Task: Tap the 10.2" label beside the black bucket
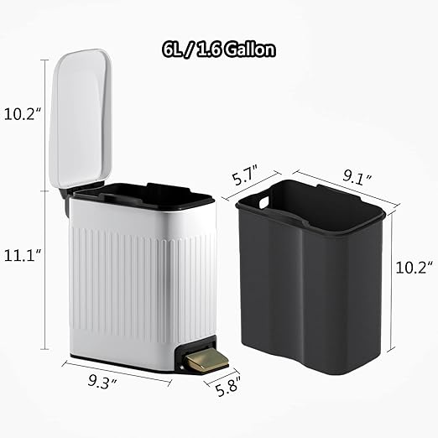click(x=415, y=268)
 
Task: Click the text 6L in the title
click(x=175, y=50)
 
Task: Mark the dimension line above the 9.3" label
click(x=117, y=369)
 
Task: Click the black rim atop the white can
click(x=143, y=195)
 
